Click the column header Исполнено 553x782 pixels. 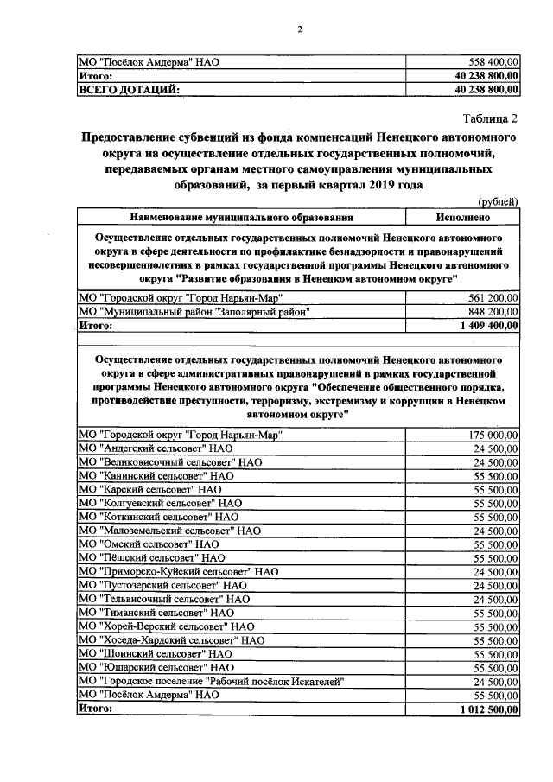(x=468, y=216)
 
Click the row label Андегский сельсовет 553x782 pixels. (x=156, y=448)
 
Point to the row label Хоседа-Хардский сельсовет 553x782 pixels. (x=171, y=640)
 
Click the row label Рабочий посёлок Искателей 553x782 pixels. (x=212, y=682)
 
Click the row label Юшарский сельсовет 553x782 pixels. (x=156, y=668)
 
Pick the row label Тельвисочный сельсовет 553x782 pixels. (x=164, y=599)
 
